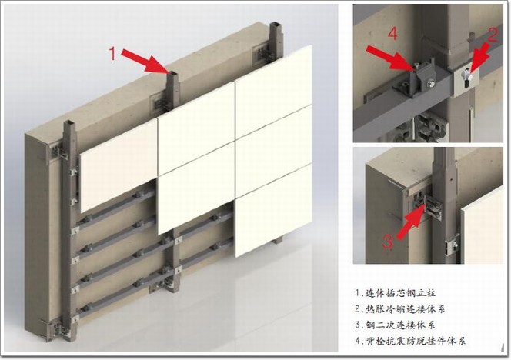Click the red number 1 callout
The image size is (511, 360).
tap(112, 53)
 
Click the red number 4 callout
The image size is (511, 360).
tap(393, 34)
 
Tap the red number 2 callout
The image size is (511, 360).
tap(492, 35)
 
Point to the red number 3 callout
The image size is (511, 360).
tap(388, 242)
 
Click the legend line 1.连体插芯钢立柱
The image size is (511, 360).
tap(396, 292)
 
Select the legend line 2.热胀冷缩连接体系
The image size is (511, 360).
tap(400, 308)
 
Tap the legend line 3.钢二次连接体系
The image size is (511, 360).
tap(396, 325)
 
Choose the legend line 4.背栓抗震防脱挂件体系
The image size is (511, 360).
tap(410, 341)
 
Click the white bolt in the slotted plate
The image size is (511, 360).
tap(466, 78)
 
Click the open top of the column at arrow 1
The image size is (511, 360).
tap(172, 73)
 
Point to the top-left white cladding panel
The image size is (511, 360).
tap(119, 165)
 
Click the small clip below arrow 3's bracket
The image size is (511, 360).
tap(452, 245)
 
